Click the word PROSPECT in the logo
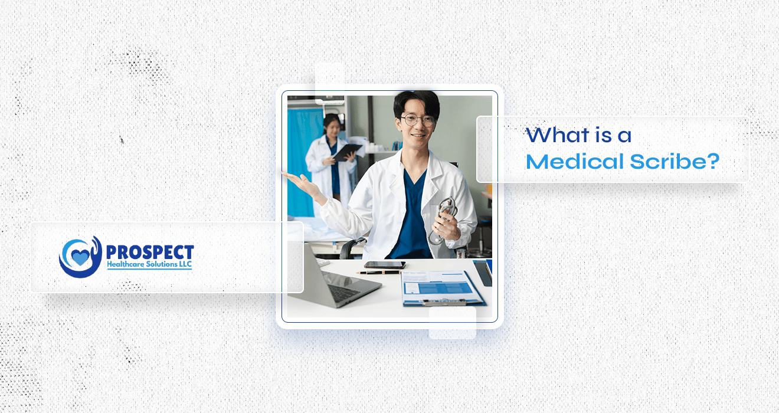150,251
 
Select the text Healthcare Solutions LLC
150,265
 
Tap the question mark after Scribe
713,161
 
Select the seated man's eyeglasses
418,120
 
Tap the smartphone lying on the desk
385,265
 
